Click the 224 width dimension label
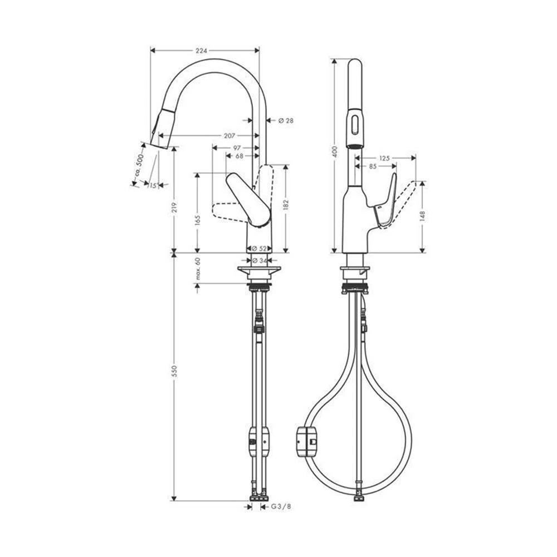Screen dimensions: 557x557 201,51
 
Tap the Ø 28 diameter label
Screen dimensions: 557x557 286,121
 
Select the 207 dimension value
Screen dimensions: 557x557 229,136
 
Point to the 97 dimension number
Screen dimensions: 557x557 237,148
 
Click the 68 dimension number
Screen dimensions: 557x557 240,156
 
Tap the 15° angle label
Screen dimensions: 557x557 153,185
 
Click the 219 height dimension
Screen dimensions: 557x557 174,208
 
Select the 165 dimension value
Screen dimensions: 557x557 198,220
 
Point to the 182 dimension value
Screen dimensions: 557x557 286,206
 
